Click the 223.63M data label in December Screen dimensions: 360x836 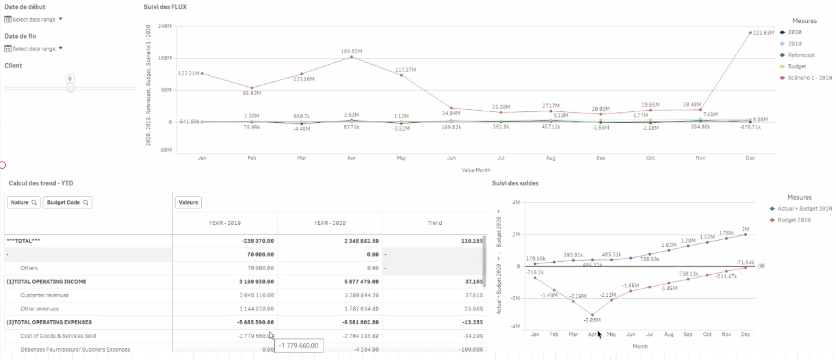tap(763, 32)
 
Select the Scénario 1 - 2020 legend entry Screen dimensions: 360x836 tap(809, 77)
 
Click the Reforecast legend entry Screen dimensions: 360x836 tap(801, 55)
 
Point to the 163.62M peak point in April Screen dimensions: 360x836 tap(352, 56)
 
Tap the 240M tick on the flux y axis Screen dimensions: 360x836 tap(165, 26)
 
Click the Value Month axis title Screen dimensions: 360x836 tap(476, 170)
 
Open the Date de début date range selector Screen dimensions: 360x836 tap(34, 19)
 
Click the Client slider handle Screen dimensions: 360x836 tap(70, 88)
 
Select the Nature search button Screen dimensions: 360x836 tap(24, 203)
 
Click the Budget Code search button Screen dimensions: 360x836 tap(67, 203)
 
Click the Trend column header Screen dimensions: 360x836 tap(435, 223)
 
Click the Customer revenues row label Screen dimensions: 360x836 tap(44, 295)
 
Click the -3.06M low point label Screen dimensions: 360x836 tap(592, 320)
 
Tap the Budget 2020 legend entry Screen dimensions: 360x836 tap(794, 220)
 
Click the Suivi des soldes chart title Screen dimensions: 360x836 tap(515, 183)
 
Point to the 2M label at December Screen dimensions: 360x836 tap(745, 229)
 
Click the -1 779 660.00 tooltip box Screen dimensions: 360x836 tap(298, 345)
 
